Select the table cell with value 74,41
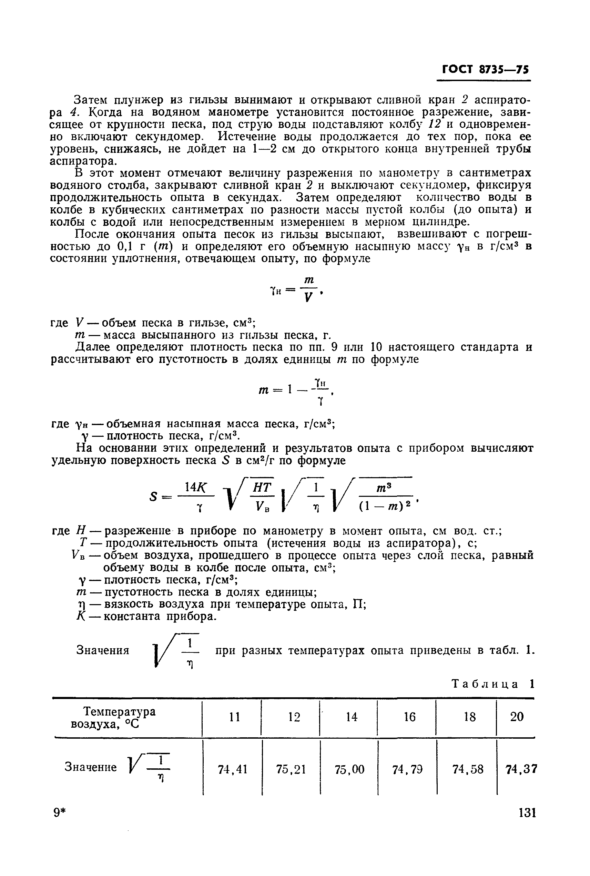coord(232,769)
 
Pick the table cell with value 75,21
coord(291,769)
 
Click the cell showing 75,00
coord(349,769)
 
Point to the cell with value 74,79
coord(407,769)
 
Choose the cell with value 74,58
coord(467,769)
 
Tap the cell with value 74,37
coord(521,769)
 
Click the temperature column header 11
coord(235,717)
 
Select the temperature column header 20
coord(517,717)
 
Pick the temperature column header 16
coord(409,717)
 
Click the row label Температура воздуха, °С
coord(113,718)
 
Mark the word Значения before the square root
coord(103,651)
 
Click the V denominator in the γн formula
coord(308,298)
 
